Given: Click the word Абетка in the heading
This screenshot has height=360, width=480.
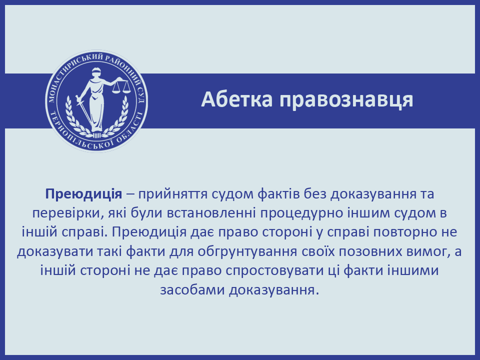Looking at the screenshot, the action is [236, 99].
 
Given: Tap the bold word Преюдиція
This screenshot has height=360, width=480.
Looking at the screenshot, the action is [83, 194].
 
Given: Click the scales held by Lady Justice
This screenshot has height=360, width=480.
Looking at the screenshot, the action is [121, 86].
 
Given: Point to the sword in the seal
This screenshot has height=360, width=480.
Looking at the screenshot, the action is [84, 110].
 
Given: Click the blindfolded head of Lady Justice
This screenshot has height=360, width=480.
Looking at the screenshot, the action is [96, 72].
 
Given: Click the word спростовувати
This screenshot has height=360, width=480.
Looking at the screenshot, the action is [280, 271].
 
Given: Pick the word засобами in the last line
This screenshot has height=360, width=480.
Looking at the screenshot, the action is [192, 289].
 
